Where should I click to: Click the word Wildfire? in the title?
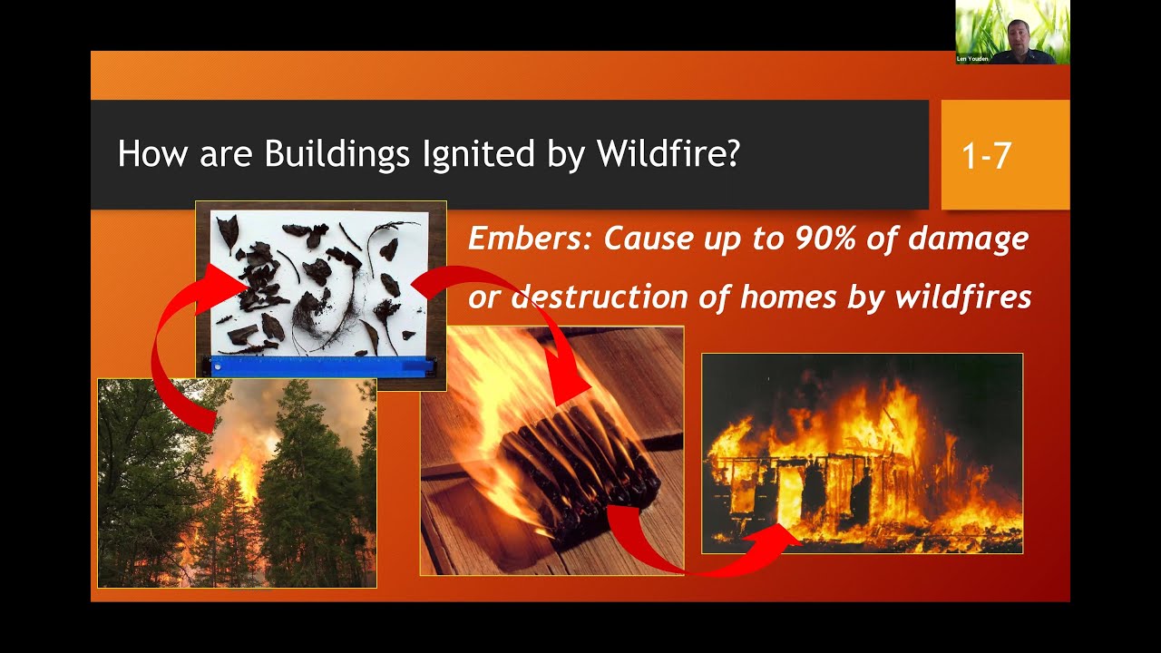pyautogui.click(x=668, y=154)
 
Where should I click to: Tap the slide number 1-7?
pyautogui.click(x=986, y=156)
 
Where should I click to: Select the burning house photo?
pyautogui.click(x=862, y=453)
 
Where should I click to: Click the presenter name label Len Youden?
pyautogui.click(x=973, y=59)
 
